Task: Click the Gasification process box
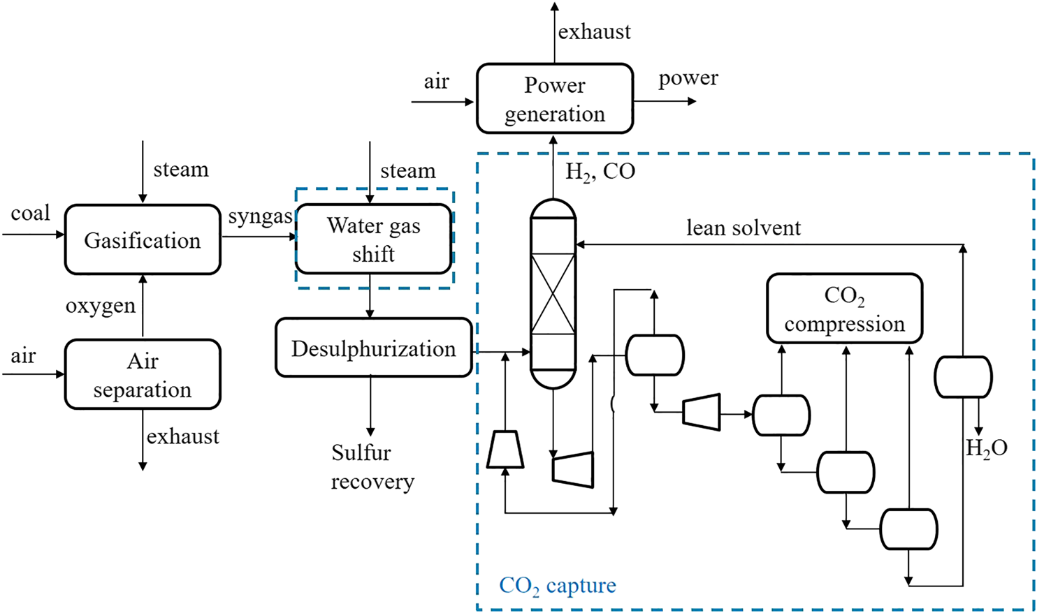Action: pos(143,239)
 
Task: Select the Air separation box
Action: pos(143,374)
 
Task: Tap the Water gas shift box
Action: pos(374,239)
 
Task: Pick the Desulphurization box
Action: pos(374,348)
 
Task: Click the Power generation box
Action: pos(555,98)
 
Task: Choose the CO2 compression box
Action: pos(844,309)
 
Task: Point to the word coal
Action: pos(31,213)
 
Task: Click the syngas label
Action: pos(260,217)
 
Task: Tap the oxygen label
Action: pos(101,306)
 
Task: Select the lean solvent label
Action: pos(744,228)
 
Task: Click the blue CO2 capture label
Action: pos(558,585)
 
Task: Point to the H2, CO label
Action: pos(600,172)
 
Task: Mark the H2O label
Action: pos(987,448)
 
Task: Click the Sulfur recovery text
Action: pos(372,467)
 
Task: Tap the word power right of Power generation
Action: pos(688,78)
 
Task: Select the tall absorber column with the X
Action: pos(553,293)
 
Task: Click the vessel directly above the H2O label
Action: pos(963,377)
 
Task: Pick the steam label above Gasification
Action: pos(181,170)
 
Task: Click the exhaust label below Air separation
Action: pos(183,436)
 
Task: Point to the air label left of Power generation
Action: pos(436,82)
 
